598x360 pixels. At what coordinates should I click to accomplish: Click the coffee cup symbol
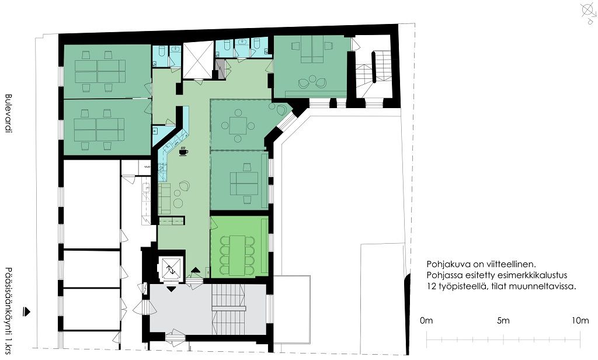click(183, 151)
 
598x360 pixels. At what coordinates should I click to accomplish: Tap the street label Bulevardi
click(8, 113)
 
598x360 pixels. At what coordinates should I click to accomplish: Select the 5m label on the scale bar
click(503, 321)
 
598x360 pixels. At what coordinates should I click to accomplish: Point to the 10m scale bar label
click(580, 321)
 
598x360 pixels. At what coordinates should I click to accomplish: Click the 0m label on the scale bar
click(426, 321)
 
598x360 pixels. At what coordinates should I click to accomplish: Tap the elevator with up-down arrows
click(171, 269)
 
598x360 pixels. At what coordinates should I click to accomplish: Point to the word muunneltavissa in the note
click(546, 286)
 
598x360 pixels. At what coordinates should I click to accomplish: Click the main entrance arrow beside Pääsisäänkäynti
click(27, 311)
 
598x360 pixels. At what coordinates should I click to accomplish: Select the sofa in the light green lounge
click(164, 199)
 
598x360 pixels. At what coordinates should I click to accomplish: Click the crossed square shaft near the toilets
click(199, 60)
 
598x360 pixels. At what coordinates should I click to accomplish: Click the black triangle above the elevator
click(196, 270)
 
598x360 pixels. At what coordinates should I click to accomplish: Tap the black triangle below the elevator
click(172, 289)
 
